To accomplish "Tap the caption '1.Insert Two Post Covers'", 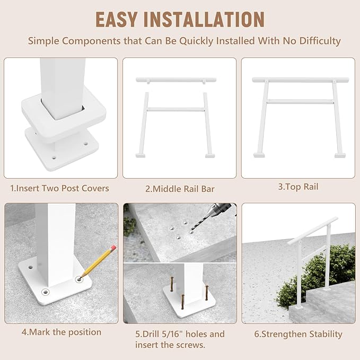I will click(x=59, y=188).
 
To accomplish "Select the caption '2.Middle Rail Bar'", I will click(x=179, y=189).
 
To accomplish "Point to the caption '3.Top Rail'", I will click(x=298, y=187).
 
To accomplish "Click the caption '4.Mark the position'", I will click(x=61, y=332).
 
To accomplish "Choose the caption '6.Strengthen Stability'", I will click(x=298, y=334).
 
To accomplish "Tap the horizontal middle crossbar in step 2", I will click(x=176, y=110).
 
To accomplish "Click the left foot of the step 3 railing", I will click(x=259, y=155).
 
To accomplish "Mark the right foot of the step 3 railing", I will click(x=339, y=155).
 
